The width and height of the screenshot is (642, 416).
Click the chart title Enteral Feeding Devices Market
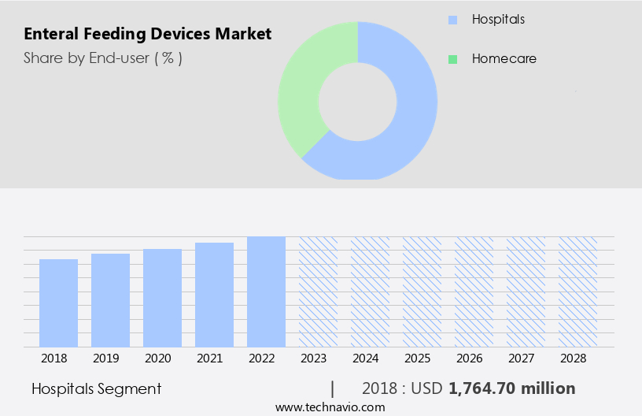(147, 34)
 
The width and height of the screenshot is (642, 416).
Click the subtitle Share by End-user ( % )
(103, 58)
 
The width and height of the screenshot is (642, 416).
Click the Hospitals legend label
(498, 18)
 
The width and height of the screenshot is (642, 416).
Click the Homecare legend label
(504, 58)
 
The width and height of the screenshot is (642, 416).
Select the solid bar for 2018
(58, 303)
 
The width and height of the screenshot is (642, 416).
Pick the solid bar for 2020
(162, 298)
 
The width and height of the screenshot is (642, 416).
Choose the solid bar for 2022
(266, 292)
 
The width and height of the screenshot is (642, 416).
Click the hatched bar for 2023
(318, 292)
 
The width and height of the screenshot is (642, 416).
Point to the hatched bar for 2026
(474, 292)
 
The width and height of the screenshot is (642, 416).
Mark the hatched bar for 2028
(577, 292)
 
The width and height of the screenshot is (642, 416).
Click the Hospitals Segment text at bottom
(96, 388)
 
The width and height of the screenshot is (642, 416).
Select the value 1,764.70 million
(511, 388)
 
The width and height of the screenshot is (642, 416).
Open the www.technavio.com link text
(330, 407)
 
